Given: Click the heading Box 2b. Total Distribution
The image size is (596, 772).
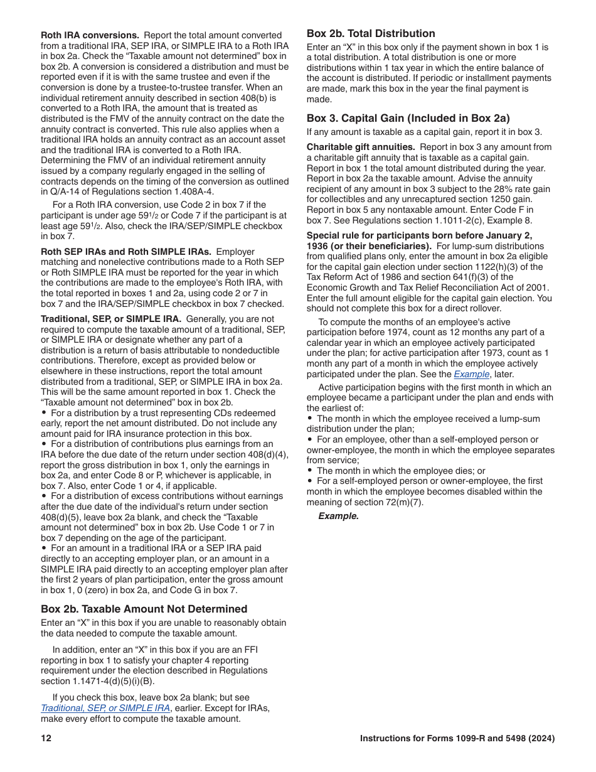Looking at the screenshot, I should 370,34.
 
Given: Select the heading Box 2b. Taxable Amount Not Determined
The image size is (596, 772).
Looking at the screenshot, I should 144,609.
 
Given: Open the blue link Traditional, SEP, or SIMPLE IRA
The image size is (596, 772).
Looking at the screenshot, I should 105,708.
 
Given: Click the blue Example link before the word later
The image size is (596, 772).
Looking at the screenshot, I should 471,374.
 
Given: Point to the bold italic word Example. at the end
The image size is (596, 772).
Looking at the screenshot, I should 338,516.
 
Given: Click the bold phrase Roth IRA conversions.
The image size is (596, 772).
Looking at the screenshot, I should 90,35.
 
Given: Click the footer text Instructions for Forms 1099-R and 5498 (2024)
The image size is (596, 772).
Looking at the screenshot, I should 457,739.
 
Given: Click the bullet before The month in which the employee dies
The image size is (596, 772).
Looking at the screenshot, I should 310,471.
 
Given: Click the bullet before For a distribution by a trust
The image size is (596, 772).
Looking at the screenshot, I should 44,413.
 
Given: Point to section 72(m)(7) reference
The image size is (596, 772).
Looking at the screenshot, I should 389,502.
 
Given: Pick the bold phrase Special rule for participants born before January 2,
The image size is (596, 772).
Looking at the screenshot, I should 419,235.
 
